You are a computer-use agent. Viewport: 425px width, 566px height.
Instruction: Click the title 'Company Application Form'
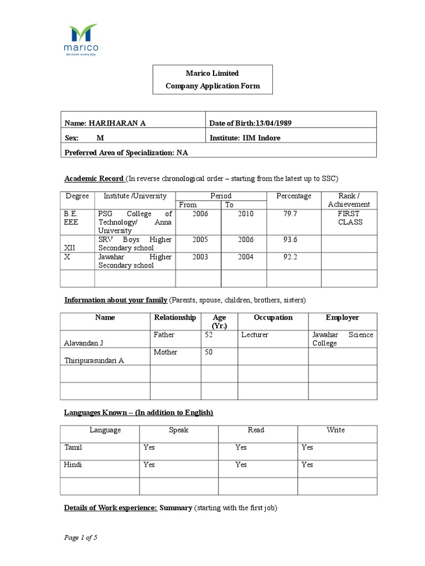[212, 86]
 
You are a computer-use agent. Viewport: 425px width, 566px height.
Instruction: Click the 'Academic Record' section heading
[94, 179]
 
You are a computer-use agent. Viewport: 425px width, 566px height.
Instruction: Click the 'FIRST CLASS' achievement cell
[349, 218]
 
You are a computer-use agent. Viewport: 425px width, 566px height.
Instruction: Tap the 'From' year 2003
[200, 256]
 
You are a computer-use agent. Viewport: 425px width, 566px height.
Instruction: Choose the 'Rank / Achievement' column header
[349, 200]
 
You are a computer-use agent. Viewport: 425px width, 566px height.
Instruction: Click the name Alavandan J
[84, 343]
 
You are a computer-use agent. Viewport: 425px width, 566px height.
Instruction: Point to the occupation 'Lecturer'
[255, 334]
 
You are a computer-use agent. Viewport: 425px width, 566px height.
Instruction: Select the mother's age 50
[209, 352]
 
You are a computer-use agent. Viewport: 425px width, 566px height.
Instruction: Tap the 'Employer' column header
[342, 317]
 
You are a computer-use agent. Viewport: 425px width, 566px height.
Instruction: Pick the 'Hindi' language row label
[74, 464]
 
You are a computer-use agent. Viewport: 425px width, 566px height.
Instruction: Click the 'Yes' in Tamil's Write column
[307, 447]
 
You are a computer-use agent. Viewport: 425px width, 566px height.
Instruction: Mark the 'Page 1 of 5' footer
[81, 537]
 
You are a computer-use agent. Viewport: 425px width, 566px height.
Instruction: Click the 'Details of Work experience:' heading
[111, 507]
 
